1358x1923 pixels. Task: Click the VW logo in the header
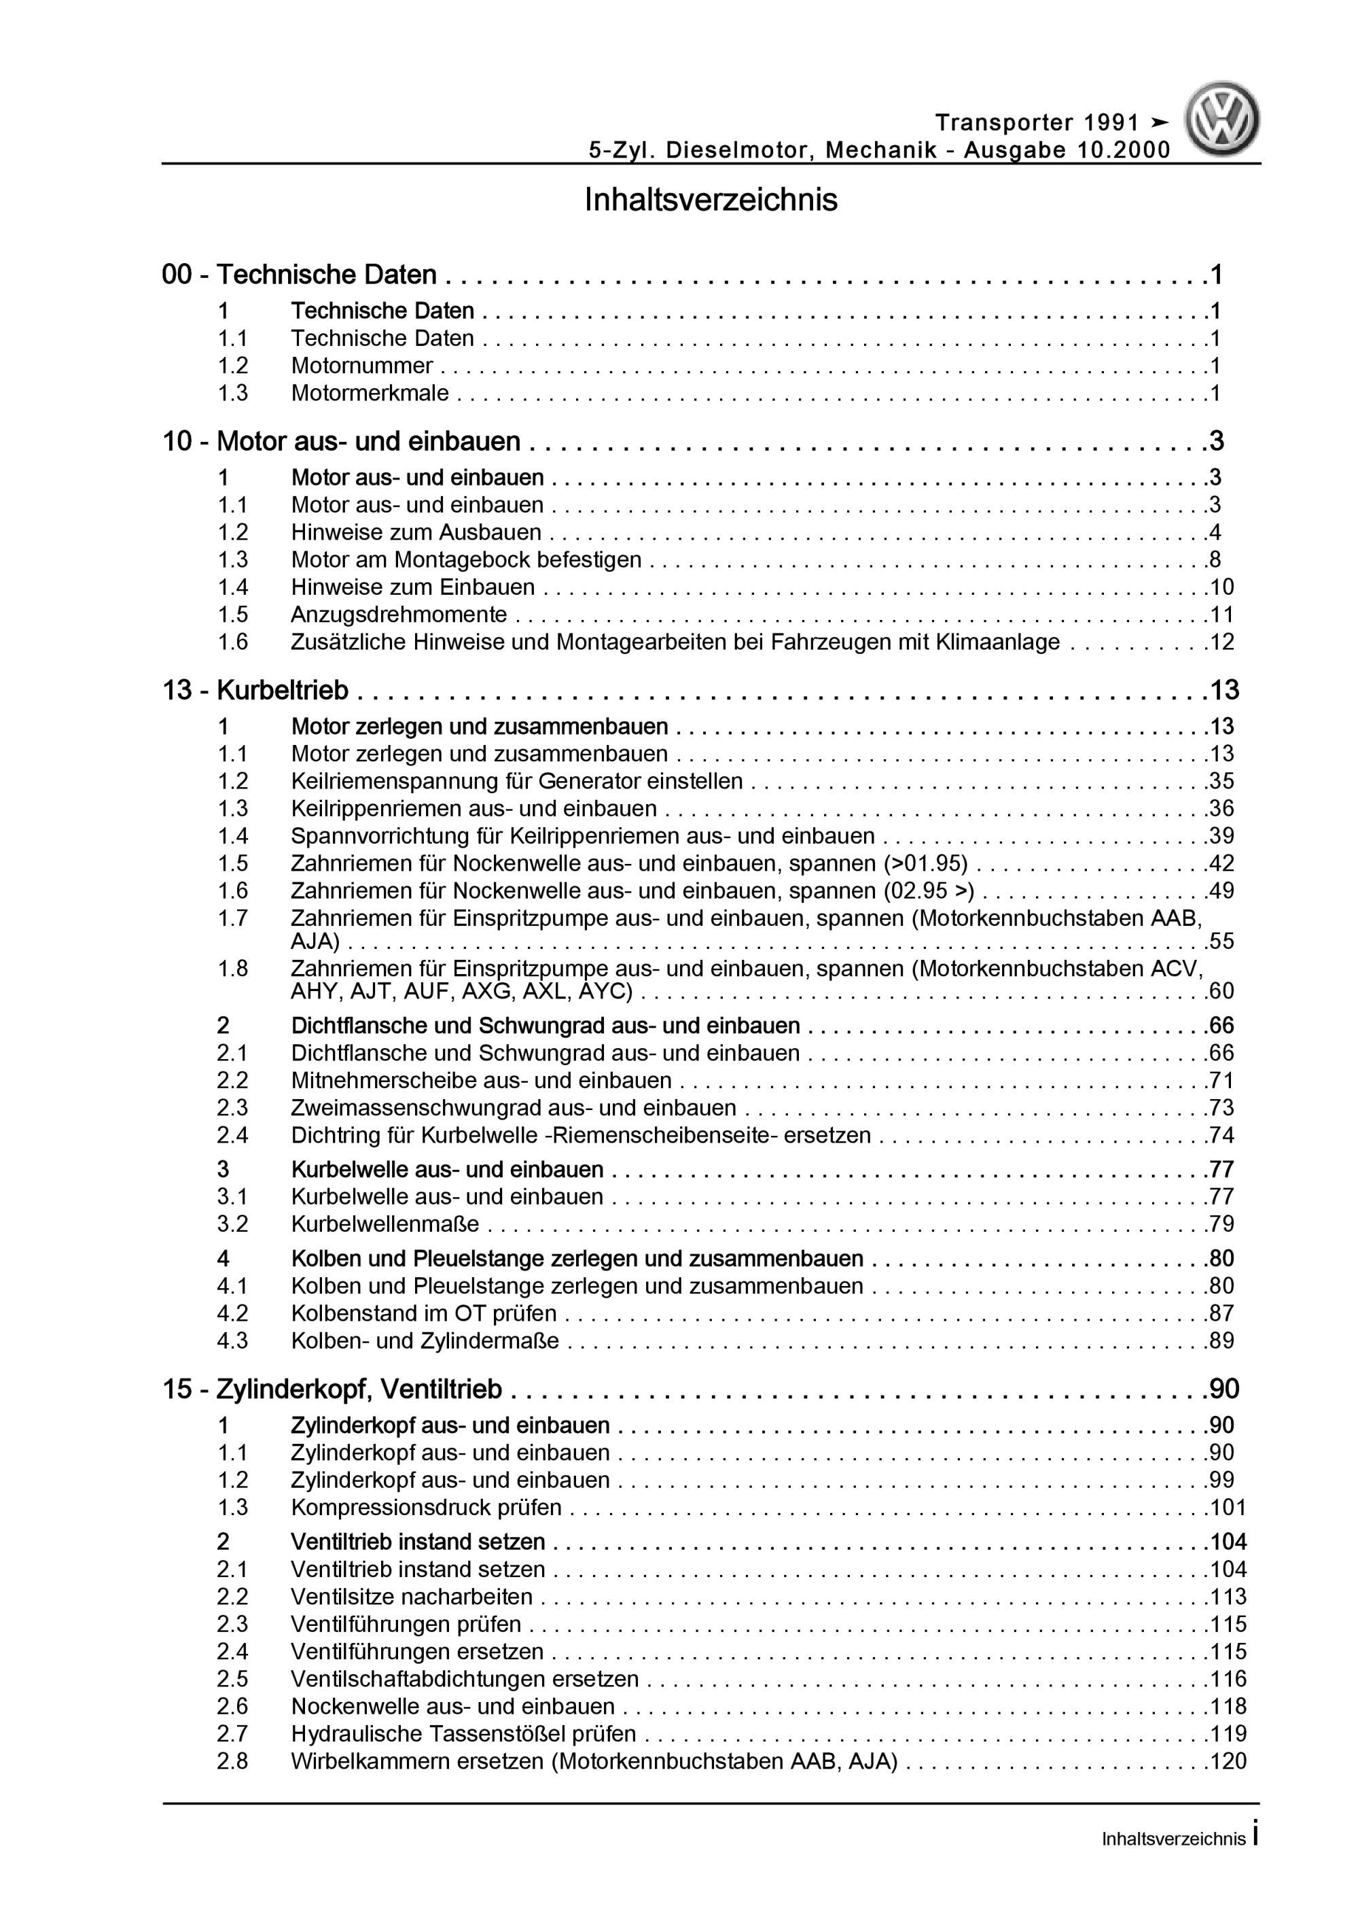click(1221, 120)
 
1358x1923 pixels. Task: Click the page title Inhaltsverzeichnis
click(711, 201)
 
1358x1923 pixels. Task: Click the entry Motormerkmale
click(370, 393)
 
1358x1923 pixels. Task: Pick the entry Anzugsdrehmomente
click(399, 614)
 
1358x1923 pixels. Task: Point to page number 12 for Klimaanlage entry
click(1221, 642)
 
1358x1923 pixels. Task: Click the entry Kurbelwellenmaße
click(385, 1224)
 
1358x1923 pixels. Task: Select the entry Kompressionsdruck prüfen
click(426, 1508)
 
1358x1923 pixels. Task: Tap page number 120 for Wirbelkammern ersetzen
click(1228, 1761)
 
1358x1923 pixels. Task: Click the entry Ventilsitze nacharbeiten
click(411, 1596)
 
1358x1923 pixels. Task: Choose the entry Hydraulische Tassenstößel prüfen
click(463, 1734)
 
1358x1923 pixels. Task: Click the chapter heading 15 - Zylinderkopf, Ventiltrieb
click(332, 1389)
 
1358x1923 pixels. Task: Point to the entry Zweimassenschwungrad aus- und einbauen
click(513, 1108)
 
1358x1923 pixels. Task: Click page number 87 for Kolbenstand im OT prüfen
click(1221, 1313)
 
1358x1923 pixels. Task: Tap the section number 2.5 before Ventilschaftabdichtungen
click(233, 1678)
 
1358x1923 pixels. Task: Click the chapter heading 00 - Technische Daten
click(299, 275)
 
